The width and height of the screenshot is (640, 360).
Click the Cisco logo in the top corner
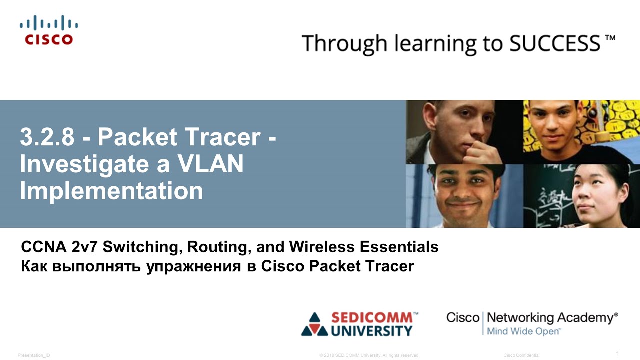point(49,30)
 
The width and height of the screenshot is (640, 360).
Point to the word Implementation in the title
point(111,191)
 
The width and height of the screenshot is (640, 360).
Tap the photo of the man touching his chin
point(464,132)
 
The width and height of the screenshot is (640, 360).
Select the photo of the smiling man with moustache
point(464,196)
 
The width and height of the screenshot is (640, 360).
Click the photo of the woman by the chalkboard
point(581,196)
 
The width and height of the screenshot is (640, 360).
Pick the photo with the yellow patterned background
point(581,132)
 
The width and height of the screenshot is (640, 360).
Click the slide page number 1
point(617,354)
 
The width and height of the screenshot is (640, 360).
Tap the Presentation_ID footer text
point(34,355)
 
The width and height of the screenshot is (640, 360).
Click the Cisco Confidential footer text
point(521,355)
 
